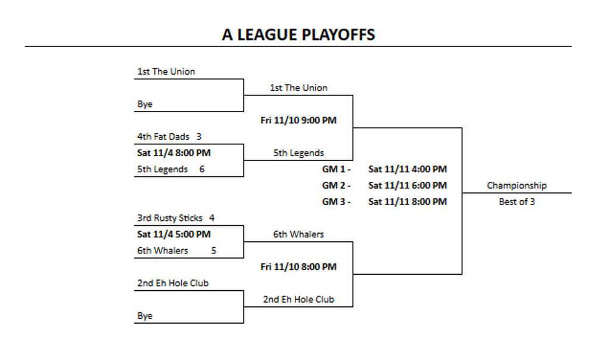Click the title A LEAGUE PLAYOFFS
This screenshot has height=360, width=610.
[298, 35]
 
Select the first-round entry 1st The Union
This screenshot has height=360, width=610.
[166, 72]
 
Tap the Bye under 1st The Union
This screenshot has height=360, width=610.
[145, 104]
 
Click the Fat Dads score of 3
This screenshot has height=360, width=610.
[199, 136]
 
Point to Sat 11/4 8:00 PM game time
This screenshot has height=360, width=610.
[174, 153]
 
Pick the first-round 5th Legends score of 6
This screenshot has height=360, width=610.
[202, 169]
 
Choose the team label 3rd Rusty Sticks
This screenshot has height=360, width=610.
[170, 218]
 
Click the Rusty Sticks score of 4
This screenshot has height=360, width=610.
[212, 218]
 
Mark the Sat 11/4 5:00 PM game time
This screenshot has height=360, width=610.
[174, 234]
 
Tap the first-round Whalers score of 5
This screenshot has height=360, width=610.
[214, 251]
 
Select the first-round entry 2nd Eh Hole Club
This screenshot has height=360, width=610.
[173, 283]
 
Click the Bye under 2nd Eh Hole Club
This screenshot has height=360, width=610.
[145, 316]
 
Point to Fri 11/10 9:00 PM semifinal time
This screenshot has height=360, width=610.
[298, 120]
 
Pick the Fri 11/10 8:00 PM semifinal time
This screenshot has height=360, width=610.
[298, 266]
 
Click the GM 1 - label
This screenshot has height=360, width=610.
[337, 169]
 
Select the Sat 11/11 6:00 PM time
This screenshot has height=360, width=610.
[407, 185]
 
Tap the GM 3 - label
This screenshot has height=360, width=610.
[337, 201]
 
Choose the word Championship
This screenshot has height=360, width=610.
[516, 185]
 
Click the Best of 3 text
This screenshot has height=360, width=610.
[516, 201]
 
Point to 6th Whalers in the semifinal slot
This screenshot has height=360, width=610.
[298, 234]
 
